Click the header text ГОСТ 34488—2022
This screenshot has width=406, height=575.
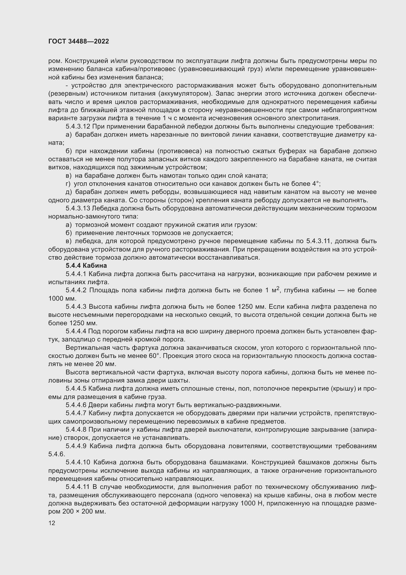(79, 41)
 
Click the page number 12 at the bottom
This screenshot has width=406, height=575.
(52, 523)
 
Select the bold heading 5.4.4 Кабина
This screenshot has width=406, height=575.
(86, 265)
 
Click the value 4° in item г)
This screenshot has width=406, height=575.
(316, 184)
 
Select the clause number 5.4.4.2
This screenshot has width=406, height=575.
(76, 290)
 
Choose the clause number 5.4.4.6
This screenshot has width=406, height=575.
(76, 405)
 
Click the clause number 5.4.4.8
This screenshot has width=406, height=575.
(76, 429)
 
